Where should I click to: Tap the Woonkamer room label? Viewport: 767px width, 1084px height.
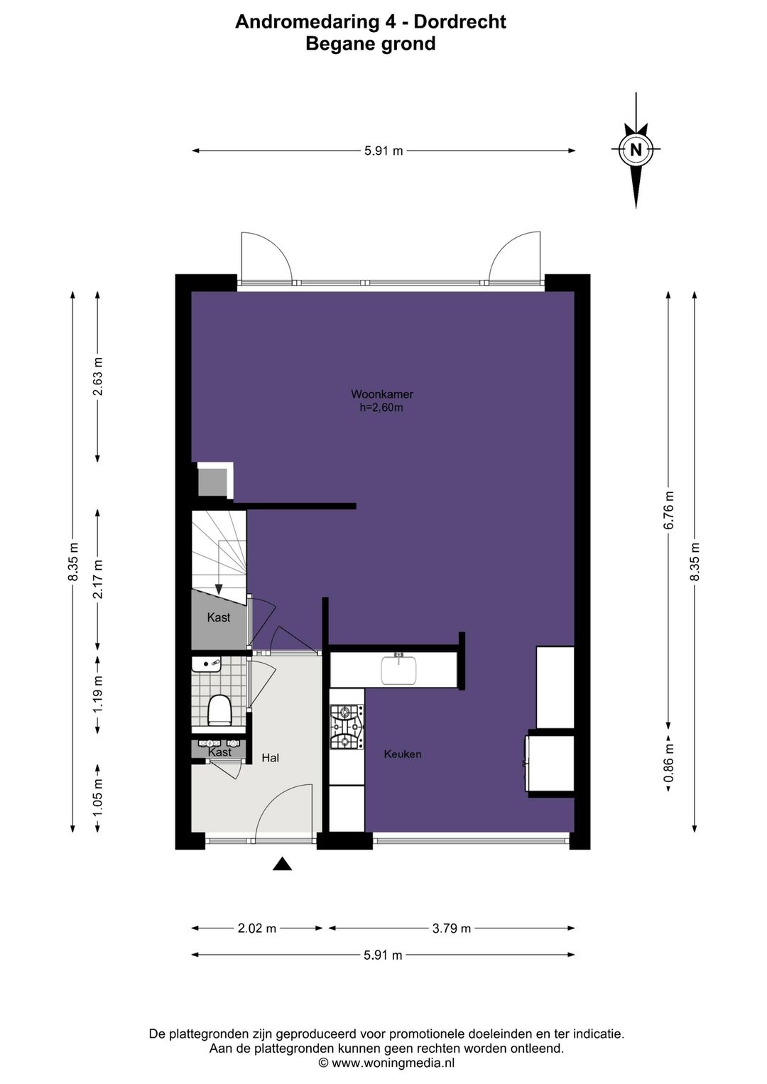click(x=382, y=394)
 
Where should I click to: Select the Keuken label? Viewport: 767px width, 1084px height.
click(x=402, y=754)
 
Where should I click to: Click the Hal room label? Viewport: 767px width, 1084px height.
click(x=270, y=758)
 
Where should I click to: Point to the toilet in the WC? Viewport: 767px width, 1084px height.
click(x=218, y=710)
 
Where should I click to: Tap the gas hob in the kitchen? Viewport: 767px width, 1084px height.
click(x=347, y=727)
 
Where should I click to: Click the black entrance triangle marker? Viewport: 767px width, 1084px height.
click(x=282, y=864)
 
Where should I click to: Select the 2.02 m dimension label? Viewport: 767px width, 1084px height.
click(x=256, y=928)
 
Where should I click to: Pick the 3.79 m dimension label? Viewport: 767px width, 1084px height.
click(x=451, y=928)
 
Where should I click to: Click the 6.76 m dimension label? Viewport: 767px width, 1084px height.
click(x=669, y=511)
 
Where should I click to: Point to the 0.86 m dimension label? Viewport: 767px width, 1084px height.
click(x=669, y=764)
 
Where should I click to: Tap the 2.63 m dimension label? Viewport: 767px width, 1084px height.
click(x=98, y=376)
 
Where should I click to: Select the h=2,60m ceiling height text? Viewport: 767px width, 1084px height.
click(x=381, y=408)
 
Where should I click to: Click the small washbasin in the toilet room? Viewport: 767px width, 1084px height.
click(x=206, y=664)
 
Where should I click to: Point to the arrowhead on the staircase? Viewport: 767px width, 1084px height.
click(x=219, y=589)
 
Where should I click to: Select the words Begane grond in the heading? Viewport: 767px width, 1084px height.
click(x=371, y=44)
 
